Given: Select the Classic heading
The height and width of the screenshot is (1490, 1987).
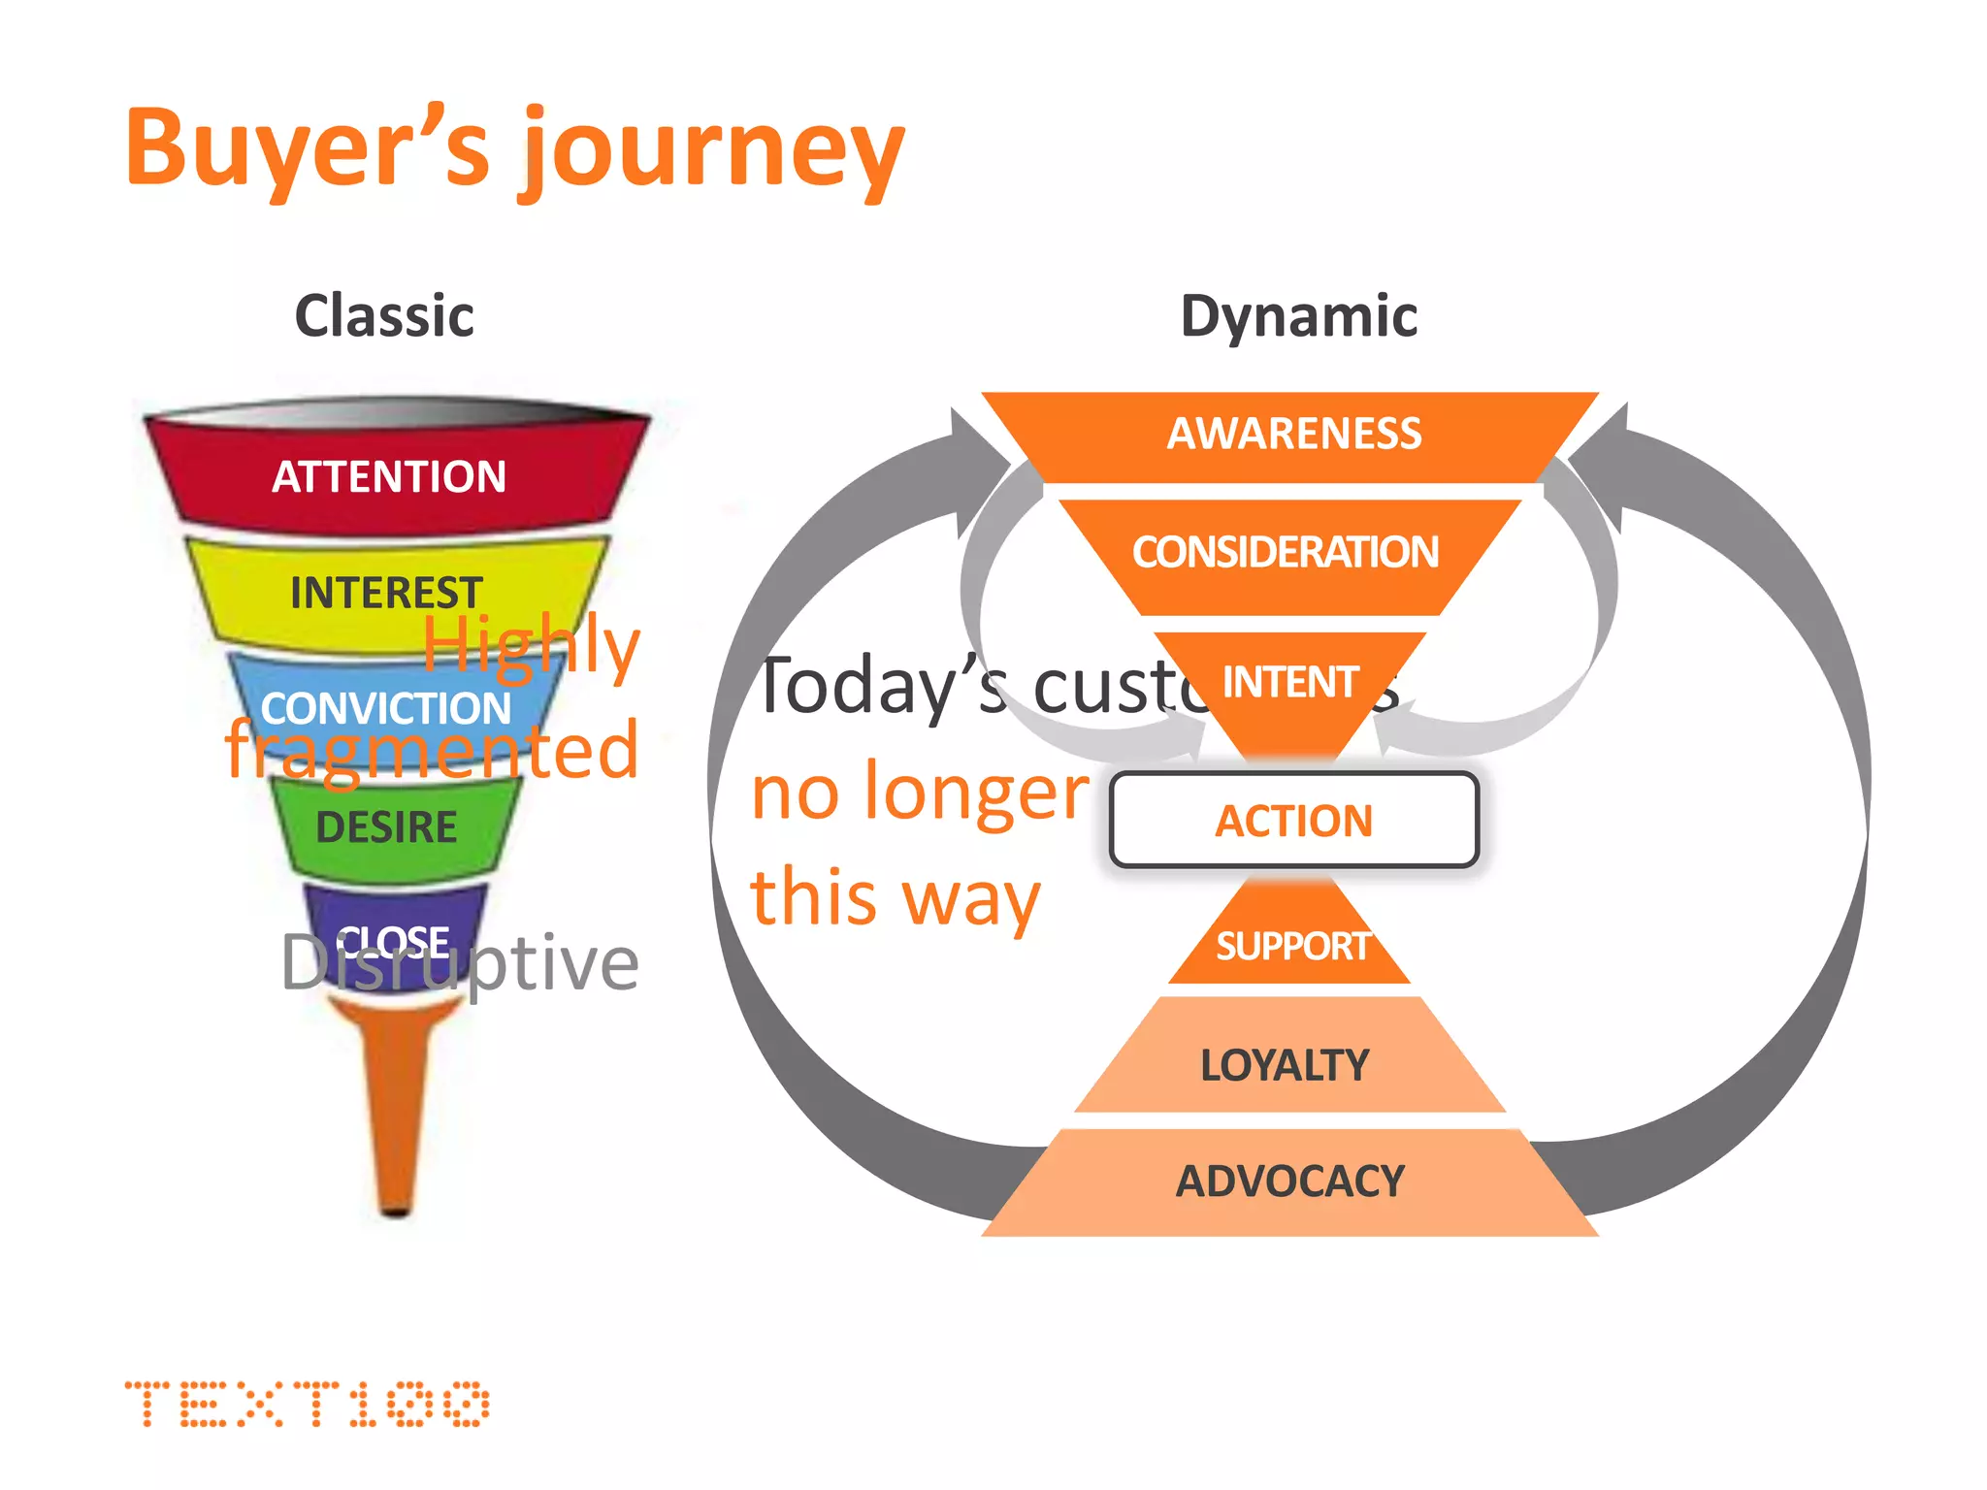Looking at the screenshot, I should [384, 316].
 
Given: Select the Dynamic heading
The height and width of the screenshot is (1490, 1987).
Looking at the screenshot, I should [1298, 316].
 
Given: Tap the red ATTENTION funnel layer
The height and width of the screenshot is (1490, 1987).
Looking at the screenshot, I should [389, 476].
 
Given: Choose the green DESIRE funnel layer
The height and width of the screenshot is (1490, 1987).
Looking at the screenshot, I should [386, 827].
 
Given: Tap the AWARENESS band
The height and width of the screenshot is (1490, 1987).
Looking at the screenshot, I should [1292, 434].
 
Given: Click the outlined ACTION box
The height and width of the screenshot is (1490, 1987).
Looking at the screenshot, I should [1293, 821].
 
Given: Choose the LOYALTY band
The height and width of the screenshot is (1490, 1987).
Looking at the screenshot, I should [1285, 1065].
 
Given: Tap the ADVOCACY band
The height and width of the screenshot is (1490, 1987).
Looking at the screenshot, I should [1289, 1182].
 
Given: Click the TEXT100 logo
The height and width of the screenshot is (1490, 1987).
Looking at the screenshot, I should [307, 1404].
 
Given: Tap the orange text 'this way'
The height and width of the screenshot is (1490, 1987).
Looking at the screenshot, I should [895, 897].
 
